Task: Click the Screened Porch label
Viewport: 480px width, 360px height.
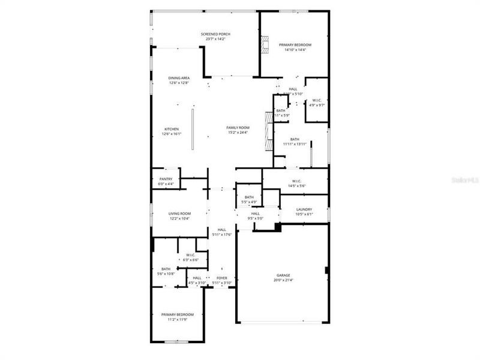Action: [215, 34]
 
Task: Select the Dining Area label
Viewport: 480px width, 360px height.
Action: [179, 78]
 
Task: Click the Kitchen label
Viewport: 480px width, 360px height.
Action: [172, 129]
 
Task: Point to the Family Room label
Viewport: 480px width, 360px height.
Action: [238, 128]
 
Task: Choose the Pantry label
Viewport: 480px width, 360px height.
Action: [166, 179]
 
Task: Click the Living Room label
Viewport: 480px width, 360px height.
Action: [179, 214]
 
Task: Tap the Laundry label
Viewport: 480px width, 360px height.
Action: [304, 209]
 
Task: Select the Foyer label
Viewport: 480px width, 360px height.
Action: [222, 278]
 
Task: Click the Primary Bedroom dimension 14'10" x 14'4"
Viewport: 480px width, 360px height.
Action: [295, 50]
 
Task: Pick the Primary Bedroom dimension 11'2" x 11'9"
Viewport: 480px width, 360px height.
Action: [178, 320]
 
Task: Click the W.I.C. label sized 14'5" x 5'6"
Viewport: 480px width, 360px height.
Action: [296, 181]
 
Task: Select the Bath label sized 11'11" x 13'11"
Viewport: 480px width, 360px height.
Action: [295, 139]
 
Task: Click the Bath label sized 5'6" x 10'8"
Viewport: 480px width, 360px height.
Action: [166, 269]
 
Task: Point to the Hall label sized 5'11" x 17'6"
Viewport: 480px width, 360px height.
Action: [222, 230]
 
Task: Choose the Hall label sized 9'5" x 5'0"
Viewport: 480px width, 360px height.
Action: [256, 214]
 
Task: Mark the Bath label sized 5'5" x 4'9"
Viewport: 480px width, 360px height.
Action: [249, 197]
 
